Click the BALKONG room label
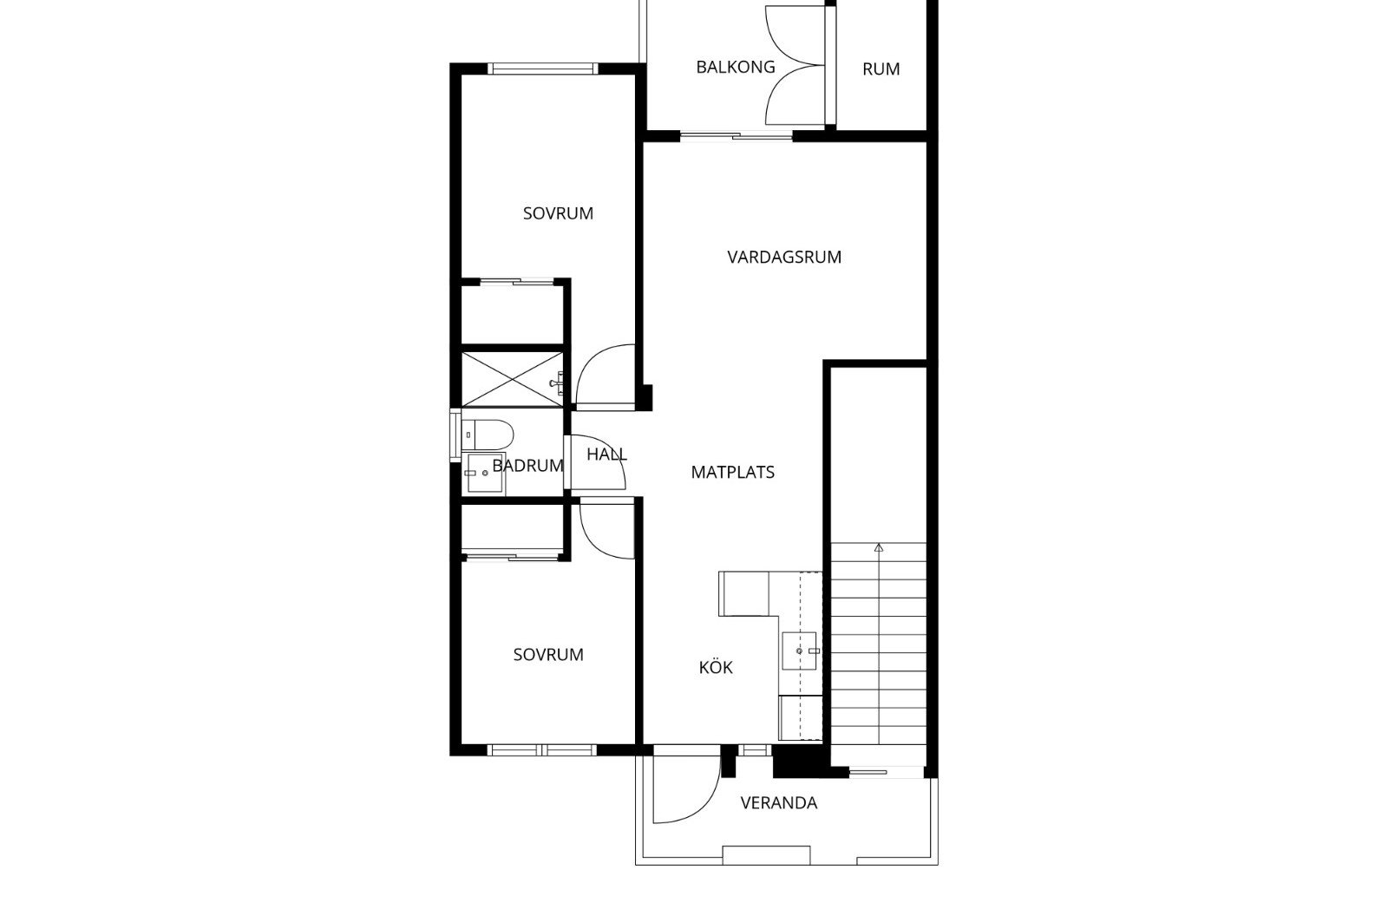[x=736, y=67]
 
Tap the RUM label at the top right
[x=881, y=69]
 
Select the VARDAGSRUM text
[x=784, y=257]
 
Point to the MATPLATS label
[x=732, y=473]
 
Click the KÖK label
[x=716, y=667]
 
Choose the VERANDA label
[x=779, y=803]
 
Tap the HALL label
[x=606, y=454]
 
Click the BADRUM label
[x=528, y=466]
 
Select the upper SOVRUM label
[x=559, y=213]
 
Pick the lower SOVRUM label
[x=548, y=655]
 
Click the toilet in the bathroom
[x=488, y=435]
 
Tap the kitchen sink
[x=799, y=651]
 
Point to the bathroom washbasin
[x=485, y=473]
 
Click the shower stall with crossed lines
[x=513, y=379]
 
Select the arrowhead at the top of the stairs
[x=879, y=547]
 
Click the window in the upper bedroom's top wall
[x=543, y=69]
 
